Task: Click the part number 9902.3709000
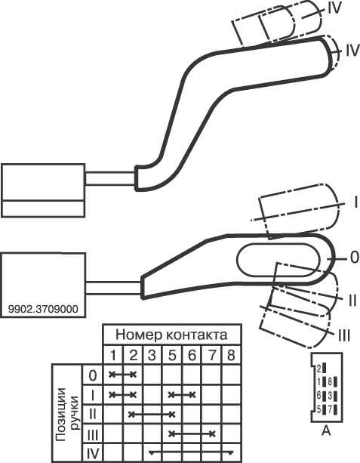[x=43, y=309]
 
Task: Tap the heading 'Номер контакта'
[x=171, y=335]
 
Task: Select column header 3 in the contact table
[x=152, y=355]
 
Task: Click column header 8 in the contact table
[x=231, y=355]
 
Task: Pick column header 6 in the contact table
[x=192, y=355]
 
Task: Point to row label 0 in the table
[x=93, y=375]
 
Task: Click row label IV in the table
[x=93, y=453]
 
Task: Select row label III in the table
[x=93, y=434]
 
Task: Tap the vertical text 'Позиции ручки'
[x=67, y=414]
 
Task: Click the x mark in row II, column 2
[x=132, y=414]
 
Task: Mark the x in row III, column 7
[x=212, y=434]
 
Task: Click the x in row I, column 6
[x=192, y=394]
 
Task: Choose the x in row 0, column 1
[x=112, y=375]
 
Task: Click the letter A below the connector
[x=326, y=431]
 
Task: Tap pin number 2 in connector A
[x=318, y=369]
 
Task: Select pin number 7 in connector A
[x=330, y=409]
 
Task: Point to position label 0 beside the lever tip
[x=354, y=258]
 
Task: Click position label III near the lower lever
[x=343, y=336]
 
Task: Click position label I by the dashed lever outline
[x=356, y=203]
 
